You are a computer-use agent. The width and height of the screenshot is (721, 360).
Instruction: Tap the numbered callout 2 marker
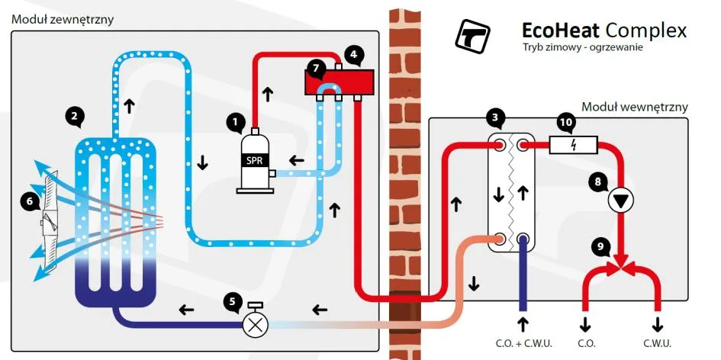tap(74, 116)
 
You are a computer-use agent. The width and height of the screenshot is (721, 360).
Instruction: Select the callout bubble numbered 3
tap(496, 117)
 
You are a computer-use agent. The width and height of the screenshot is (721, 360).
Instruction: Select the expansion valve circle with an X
tap(254, 323)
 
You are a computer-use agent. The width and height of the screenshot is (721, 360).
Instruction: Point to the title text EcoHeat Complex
tap(604, 31)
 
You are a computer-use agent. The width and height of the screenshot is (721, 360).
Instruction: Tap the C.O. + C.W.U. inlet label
tap(523, 342)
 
